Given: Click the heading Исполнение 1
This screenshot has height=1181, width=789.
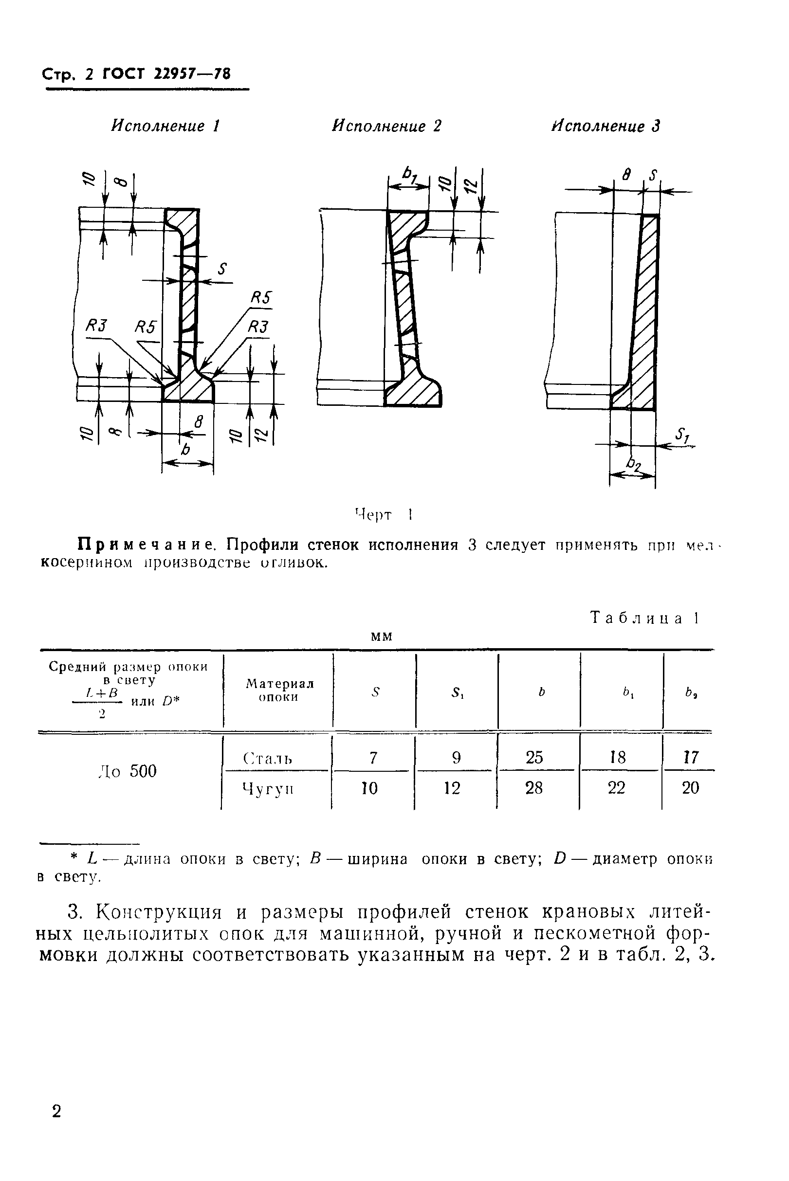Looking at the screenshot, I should click(165, 126).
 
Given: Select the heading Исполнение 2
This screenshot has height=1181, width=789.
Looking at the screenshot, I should click(386, 126).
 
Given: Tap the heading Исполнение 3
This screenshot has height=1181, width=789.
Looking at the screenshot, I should click(606, 126).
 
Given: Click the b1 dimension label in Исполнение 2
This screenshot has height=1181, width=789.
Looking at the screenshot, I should click(408, 176).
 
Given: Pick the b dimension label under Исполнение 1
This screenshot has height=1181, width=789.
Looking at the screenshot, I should click(185, 449).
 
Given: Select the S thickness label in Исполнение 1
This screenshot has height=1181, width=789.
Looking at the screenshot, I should click(222, 270).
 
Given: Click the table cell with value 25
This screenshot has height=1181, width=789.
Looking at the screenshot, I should click(534, 758).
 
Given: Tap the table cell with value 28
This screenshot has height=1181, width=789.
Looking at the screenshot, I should click(534, 788).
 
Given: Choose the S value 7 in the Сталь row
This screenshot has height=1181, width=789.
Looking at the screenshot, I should click(373, 758).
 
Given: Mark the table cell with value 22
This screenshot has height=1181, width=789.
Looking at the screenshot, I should click(616, 788).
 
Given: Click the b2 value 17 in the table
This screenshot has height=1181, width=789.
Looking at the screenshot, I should click(691, 758).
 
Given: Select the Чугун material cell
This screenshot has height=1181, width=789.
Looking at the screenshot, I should click(267, 788).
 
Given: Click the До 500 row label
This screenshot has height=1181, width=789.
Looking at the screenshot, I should click(127, 771).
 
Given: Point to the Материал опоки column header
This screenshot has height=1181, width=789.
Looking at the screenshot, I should click(279, 690).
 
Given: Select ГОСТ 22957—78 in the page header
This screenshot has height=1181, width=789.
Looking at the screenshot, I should click(166, 74).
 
